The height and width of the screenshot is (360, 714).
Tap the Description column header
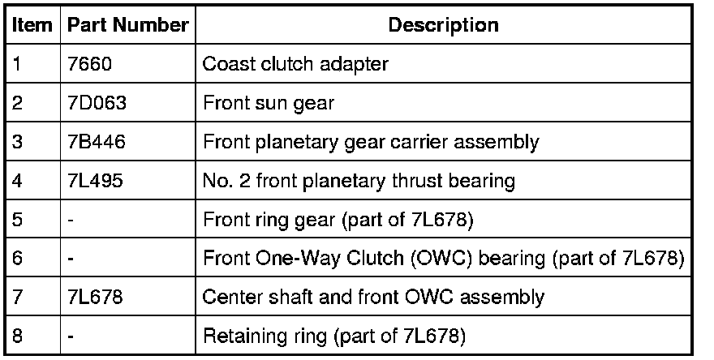(443, 24)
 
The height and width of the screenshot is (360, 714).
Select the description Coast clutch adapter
(295, 64)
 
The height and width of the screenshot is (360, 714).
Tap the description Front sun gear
(269, 103)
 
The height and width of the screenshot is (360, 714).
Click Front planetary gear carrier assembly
(371, 142)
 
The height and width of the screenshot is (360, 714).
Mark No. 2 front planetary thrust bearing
(359, 180)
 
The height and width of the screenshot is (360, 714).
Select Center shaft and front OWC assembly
(372, 297)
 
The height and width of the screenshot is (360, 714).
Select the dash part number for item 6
(71, 258)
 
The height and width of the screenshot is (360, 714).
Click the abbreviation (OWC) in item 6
(439, 258)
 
